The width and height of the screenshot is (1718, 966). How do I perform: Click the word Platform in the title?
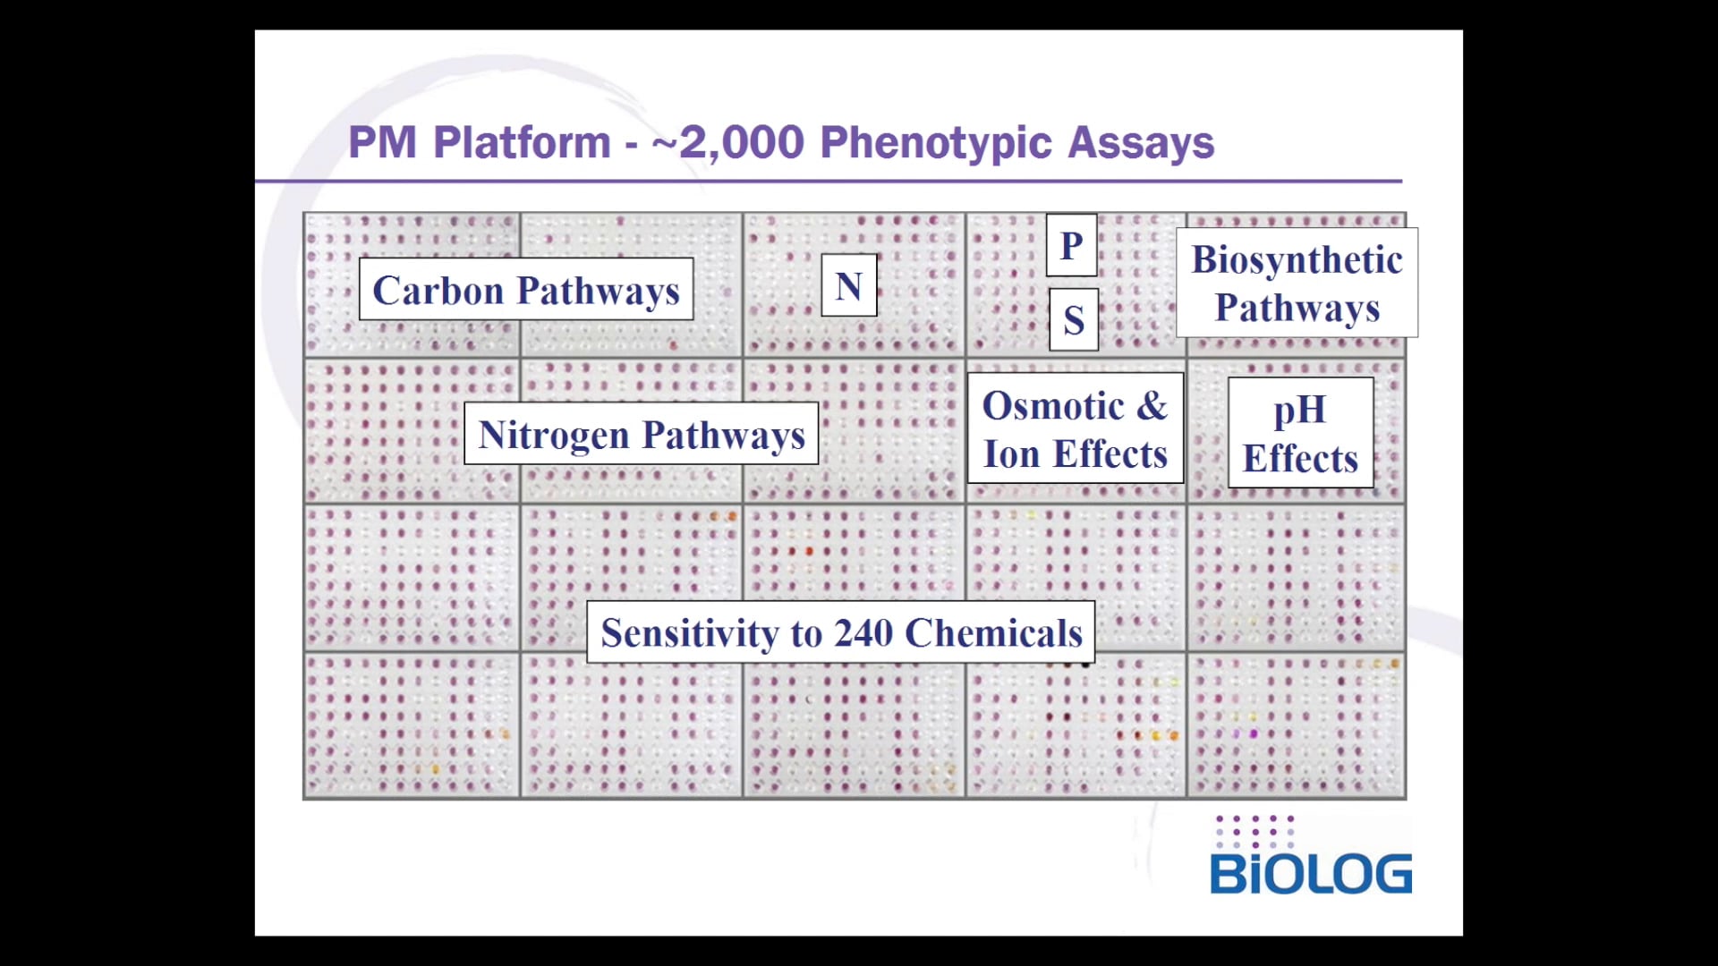click(x=522, y=142)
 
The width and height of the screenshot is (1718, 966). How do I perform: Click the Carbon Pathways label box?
click(x=526, y=289)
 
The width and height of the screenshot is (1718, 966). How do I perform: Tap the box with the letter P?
click(x=1071, y=245)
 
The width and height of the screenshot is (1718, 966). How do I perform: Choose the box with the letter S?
click(x=1074, y=319)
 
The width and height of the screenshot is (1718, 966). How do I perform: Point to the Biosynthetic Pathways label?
click(x=1297, y=283)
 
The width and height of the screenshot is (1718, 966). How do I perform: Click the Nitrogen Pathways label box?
click(x=641, y=434)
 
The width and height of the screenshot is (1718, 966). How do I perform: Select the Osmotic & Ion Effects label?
click(x=1075, y=429)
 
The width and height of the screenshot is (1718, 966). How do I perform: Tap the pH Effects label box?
click(x=1300, y=433)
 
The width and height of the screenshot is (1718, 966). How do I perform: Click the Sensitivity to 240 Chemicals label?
click(x=840, y=632)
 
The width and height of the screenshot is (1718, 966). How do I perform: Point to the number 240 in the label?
click(x=863, y=632)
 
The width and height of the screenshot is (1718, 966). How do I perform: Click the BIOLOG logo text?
click(x=1310, y=874)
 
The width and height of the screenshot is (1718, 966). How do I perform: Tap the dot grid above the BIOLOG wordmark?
click(x=1254, y=831)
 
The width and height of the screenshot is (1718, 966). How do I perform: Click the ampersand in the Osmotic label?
click(x=1152, y=406)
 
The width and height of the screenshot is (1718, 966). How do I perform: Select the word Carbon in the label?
click(x=438, y=290)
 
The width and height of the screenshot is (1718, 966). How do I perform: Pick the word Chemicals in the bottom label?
click(x=993, y=632)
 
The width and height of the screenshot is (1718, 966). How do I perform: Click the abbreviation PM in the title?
click(x=382, y=142)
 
